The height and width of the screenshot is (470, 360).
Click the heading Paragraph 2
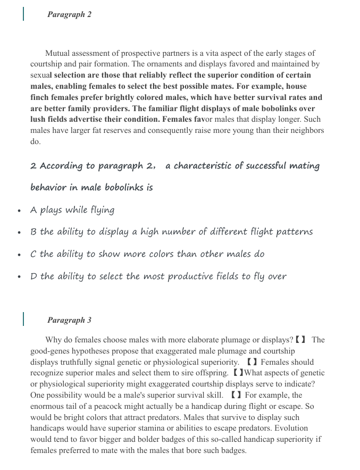point(69,14)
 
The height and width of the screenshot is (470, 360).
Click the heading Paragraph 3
point(69,320)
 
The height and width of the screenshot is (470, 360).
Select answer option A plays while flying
point(72,210)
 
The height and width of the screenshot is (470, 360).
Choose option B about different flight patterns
point(171,232)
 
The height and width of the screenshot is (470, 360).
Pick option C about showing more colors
point(147,254)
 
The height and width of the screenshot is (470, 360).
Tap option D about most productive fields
point(158,276)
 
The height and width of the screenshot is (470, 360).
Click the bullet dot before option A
point(20,211)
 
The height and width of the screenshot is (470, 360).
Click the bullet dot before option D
point(20,278)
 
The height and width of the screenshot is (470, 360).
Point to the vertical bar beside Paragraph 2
point(23,14)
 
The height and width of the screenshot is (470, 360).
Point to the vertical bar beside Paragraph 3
point(23,319)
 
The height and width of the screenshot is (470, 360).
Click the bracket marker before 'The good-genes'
point(300,340)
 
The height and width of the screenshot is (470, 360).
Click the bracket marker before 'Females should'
point(252,362)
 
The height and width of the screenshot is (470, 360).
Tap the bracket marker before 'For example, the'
point(236,395)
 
